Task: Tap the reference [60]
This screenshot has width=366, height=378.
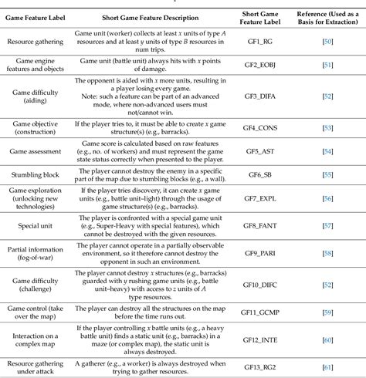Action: [x=329, y=339]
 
